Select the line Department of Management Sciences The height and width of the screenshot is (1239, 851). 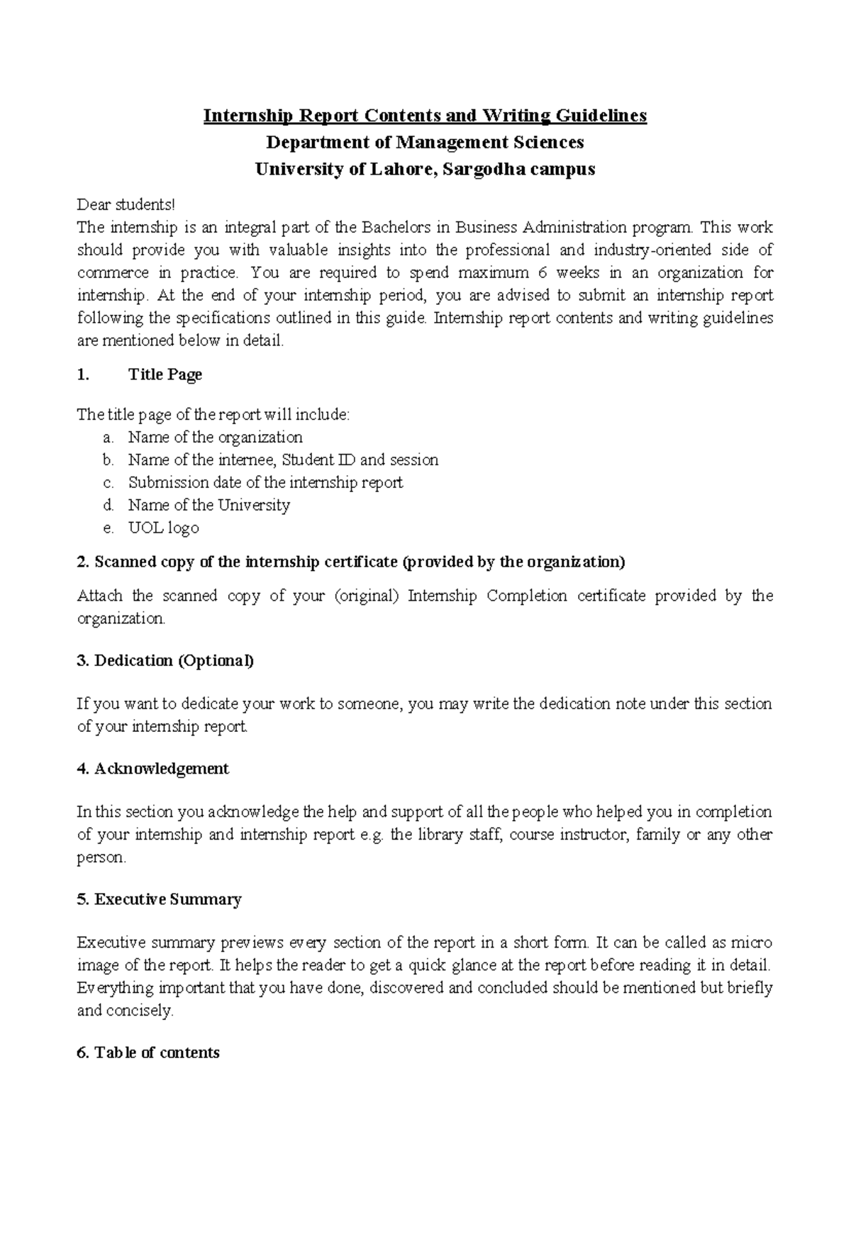425,143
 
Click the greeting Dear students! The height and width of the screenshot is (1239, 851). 125,205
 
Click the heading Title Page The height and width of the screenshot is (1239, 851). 165,374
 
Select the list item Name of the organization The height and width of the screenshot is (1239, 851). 215,438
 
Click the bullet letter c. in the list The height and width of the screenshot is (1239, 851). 108,483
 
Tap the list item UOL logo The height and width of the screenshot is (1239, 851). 163,528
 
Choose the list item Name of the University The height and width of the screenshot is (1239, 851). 208,506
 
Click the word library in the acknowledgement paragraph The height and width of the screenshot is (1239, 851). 438,835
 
